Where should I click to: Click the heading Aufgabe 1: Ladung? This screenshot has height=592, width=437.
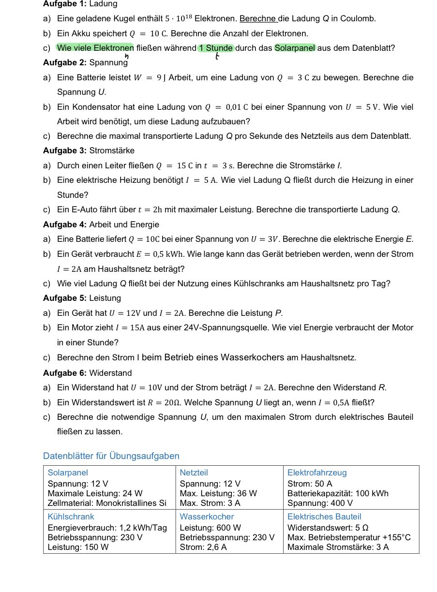coord(80,4)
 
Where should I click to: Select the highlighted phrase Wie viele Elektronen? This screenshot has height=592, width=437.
coord(95,48)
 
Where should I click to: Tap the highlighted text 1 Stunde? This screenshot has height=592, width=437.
coord(216,48)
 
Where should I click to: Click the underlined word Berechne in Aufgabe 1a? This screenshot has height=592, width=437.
coord(258,19)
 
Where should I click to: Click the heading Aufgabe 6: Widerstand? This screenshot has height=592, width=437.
coord(87,373)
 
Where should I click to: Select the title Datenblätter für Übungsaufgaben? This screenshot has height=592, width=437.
coord(111,456)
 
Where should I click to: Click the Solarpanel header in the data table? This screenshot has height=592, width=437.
coord(68,473)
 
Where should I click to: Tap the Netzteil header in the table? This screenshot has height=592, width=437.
coord(194,473)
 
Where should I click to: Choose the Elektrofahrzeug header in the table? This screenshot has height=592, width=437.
coord(317,473)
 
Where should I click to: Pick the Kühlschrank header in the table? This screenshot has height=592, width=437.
coord(71,517)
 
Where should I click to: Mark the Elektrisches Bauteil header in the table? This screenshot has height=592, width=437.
coord(324,517)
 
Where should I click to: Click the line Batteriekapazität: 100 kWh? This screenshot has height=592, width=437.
coord(338,494)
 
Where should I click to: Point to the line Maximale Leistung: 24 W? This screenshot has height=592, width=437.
coord(95,494)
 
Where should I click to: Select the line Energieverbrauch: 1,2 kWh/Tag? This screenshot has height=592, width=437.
coord(107,528)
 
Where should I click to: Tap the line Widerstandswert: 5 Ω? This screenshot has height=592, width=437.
coord(328,528)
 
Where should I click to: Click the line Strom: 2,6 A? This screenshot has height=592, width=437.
coord(203,548)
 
